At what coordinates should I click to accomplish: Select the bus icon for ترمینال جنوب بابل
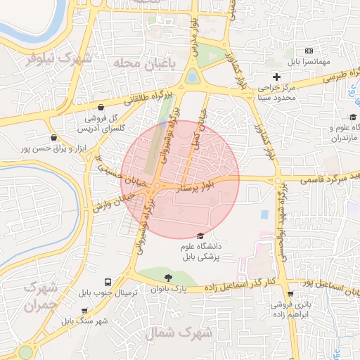[108, 281]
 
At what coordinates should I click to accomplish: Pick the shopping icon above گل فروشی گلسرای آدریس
[103, 108]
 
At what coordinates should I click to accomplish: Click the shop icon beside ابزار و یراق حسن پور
[54, 138]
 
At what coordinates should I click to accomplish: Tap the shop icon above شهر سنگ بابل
[85, 310]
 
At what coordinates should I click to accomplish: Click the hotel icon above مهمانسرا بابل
[309, 51]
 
